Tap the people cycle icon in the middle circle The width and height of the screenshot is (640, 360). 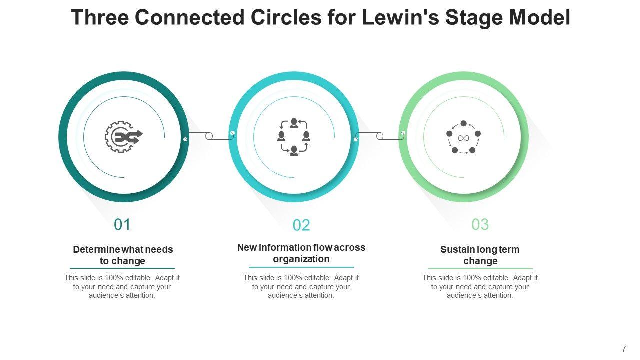(294, 136)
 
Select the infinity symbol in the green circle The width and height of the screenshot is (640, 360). (463, 137)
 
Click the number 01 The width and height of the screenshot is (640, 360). (122, 225)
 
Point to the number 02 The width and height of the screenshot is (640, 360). (301, 225)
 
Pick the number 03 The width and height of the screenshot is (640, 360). (480, 225)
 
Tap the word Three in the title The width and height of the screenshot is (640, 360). (99, 17)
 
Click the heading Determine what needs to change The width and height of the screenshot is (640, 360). (123, 255)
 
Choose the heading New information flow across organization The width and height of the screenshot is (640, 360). (301, 253)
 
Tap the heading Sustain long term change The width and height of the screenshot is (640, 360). (480, 255)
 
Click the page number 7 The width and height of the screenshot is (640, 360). (624, 349)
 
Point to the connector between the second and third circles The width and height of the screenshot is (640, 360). (379, 136)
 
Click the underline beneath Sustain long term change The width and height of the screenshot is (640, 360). (480, 268)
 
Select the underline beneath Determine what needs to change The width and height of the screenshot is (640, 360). (122, 268)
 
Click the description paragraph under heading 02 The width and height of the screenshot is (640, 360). (301, 286)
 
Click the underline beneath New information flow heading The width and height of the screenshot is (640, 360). (301, 267)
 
